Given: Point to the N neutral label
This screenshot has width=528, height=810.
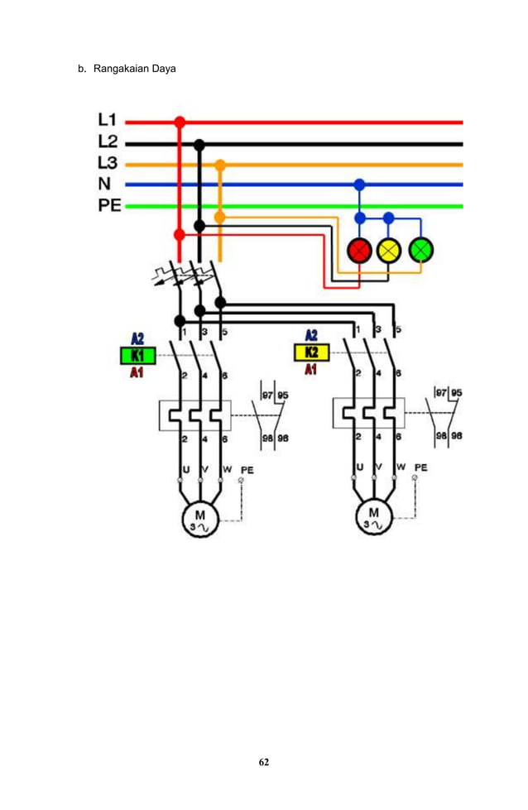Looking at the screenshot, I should pos(106,185).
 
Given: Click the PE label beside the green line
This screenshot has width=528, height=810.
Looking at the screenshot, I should pos(109,205).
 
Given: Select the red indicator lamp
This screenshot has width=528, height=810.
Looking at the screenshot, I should pos(359,249).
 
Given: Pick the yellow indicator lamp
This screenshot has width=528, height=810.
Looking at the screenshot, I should pos(388,249).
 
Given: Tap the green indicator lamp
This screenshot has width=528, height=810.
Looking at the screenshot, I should pos(421,249).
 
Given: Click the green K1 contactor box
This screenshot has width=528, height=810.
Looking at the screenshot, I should pos(137,355).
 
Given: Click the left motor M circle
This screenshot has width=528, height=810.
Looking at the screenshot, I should pos(199,518).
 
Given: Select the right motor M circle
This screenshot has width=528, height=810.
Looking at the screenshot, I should pos(373,518).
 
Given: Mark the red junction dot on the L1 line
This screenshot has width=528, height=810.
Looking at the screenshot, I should pos(180,122).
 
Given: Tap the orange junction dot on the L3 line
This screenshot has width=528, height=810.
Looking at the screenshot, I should pos(219,165).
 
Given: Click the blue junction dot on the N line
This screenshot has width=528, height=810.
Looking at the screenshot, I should pos(359,185).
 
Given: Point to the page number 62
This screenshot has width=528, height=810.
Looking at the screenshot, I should pos(263,761).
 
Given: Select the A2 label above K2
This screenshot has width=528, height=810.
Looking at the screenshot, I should pos(311,336).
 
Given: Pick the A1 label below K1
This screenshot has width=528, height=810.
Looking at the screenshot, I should pos(137,372).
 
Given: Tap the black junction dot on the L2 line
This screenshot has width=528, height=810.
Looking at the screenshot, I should pos(199,144).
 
